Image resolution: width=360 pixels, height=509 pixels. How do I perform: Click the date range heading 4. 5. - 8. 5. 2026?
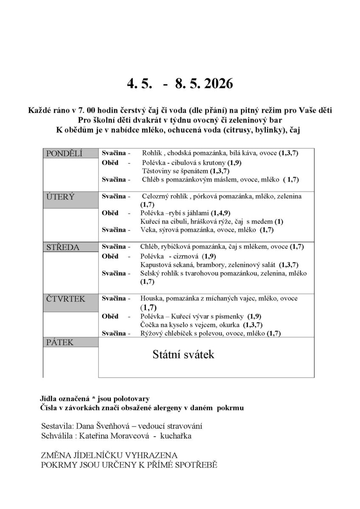point(180,84)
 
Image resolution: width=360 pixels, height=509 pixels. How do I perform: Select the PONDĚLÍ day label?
point(64,153)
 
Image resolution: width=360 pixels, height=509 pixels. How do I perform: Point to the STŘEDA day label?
point(62,247)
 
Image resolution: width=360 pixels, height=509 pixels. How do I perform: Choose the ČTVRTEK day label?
point(65,299)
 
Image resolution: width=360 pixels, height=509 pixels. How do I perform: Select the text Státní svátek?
point(183,355)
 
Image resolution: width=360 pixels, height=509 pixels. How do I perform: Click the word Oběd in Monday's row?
point(110,163)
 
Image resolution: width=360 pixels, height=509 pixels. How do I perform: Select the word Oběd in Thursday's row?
point(110,316)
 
